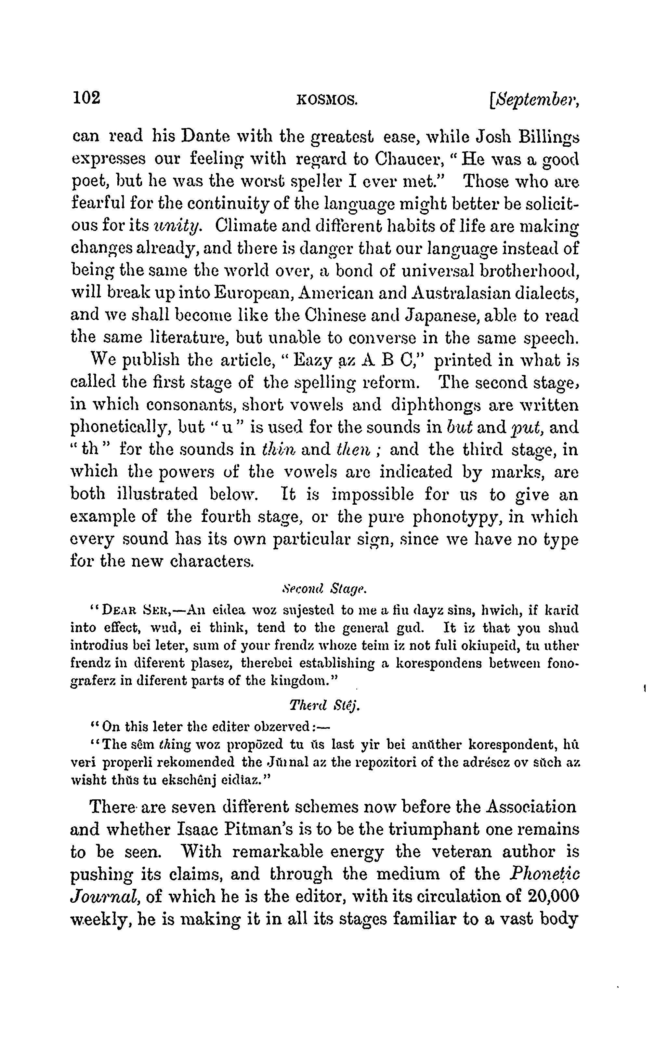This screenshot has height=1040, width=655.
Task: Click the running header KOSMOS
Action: click(x=328, y=100)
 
